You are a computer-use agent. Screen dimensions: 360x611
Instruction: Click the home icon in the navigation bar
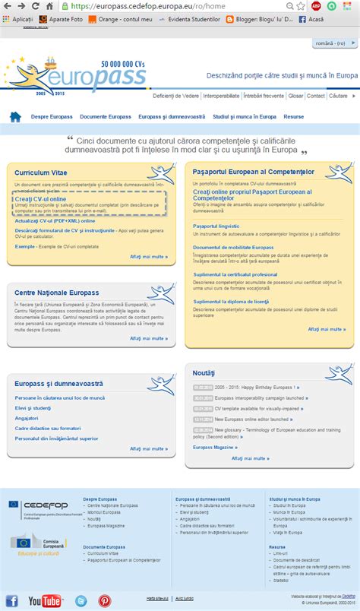15,117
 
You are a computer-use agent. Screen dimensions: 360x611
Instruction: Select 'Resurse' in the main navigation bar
294,117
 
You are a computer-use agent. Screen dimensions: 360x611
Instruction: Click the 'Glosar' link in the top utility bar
296,97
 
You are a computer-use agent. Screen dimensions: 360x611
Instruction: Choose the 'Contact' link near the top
316,97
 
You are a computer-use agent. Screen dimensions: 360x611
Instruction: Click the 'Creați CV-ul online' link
39,198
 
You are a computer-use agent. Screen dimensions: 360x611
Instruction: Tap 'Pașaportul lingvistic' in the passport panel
216,226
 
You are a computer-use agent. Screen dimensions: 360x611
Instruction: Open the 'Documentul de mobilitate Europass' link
233,247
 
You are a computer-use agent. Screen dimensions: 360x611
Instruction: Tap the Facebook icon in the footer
12,600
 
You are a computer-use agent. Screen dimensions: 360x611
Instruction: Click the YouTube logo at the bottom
44,600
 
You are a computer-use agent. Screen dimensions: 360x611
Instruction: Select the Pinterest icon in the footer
104,600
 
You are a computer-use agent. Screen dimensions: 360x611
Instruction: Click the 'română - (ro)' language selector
332,44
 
